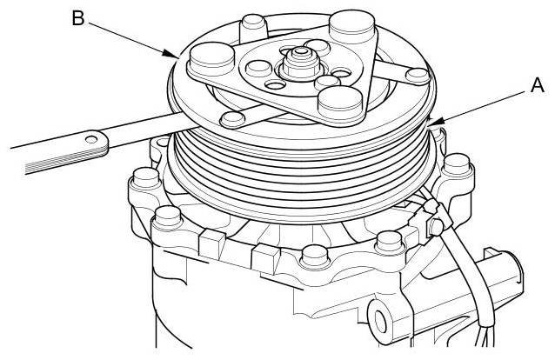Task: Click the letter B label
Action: [78, 17]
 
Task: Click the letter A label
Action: [538, 85]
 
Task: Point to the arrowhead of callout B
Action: [171, 54]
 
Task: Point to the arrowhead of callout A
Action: [435, 122]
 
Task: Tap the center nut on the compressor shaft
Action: [301, 63]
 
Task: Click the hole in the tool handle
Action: [91, 139]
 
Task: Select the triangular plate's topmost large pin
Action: [351, 28]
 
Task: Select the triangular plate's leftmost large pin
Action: [212, 59]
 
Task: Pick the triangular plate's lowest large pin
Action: [340, 103]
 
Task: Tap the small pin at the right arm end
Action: [418, 77]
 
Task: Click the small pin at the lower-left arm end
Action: [232, 119]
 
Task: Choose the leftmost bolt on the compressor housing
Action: [145, 179]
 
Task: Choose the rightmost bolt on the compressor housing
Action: [457, 167]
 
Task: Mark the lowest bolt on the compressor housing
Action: [314, 257]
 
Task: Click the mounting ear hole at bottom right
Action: [379, 321]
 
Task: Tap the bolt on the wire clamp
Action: [436, 227]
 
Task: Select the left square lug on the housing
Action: [211, 243]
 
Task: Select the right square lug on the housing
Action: [265, 258]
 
